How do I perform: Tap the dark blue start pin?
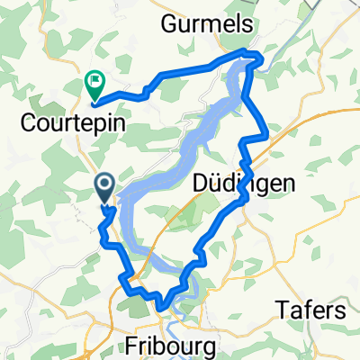[x=104, y=187]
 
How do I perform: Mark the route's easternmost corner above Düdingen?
[x=267, y=137]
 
